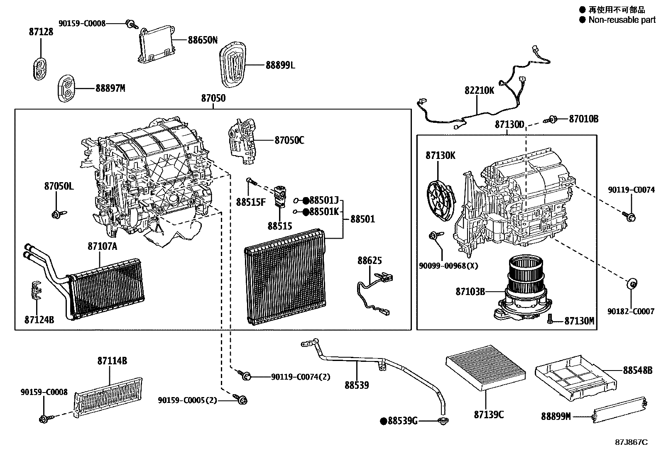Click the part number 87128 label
tap(41, 32)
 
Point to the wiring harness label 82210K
tap(479, 90)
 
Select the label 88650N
tap(203, 40)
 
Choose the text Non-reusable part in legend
tap(622, 20)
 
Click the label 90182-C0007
tap(631, 311)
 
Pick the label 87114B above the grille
tap(112, 361)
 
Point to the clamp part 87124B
tap(37, 290)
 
